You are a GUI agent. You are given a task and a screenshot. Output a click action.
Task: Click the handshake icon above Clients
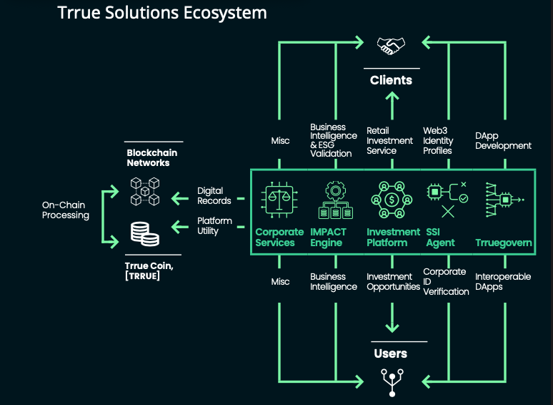(391, 46)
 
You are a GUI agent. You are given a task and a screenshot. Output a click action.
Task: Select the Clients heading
(391, 80)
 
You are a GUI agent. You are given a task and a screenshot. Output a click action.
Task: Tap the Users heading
(391, 353)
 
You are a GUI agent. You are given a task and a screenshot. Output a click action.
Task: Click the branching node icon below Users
(392, 382)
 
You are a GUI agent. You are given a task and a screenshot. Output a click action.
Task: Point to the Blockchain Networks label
(152, 158)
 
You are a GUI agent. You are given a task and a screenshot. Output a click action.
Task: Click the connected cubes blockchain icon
(145, 191)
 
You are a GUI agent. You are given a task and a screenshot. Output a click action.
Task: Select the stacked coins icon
(144, 233)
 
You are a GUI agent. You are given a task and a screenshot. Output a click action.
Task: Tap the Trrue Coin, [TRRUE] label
(149, 270)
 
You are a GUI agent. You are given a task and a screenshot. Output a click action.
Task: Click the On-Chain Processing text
(66, 210)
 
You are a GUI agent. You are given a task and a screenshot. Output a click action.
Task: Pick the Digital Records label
(214, 195)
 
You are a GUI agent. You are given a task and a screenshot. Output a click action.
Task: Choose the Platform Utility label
(214, 225)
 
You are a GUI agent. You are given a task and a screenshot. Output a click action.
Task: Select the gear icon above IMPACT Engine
(335, 191)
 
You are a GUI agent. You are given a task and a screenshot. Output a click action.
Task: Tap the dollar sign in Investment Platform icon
(392, 200)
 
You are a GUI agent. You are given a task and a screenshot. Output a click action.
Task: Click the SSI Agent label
(440, 238)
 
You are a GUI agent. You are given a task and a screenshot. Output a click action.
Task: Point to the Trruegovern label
(504, 243)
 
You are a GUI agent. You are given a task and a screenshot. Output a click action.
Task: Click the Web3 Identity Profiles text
(438, 140)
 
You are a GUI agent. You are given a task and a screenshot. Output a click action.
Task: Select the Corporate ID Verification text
(446, 281)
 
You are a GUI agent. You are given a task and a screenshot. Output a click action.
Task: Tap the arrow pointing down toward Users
(392, 318)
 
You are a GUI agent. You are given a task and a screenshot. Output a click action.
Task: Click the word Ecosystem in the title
(225, 13)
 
